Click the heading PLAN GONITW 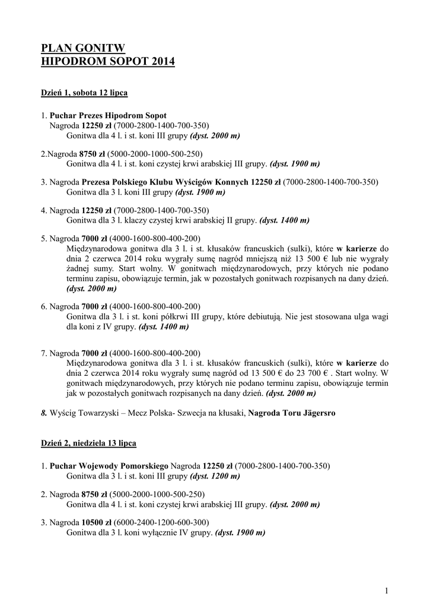(x=83, y=49)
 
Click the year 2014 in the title (x=160, y=62)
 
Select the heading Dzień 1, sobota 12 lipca (x=84, y=93)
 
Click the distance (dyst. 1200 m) (x=215, y=476)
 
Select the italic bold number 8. (x=43, y=413)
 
